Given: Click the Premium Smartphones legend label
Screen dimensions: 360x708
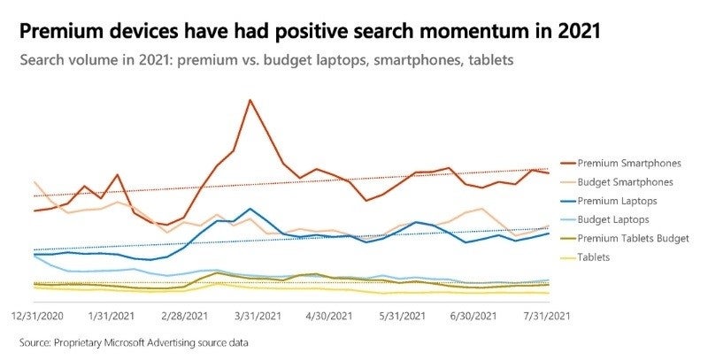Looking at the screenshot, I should click(x=628, y=163).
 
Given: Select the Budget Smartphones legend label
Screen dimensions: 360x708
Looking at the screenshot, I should click(x=626, y=182).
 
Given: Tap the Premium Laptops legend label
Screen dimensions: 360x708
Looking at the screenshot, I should click(x=617, y=201).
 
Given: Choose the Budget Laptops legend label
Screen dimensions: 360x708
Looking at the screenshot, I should click(x=613, y=219).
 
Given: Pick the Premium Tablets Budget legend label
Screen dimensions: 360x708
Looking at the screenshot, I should click(x=633, y=238).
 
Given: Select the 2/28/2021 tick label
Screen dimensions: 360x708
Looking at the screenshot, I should click(x=184, y=315).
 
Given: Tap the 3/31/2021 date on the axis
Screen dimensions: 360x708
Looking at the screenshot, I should click(x=258, y=315).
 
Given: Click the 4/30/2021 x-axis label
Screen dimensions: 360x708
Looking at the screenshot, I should click(x=330, y=315).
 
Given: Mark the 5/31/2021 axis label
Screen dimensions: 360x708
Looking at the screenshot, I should click(x=404, y=315).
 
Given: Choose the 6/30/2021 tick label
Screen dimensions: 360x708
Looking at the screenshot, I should click(x=476, y=315).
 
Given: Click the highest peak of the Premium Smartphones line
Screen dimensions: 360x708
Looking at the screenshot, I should click(x=250, y=100).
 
